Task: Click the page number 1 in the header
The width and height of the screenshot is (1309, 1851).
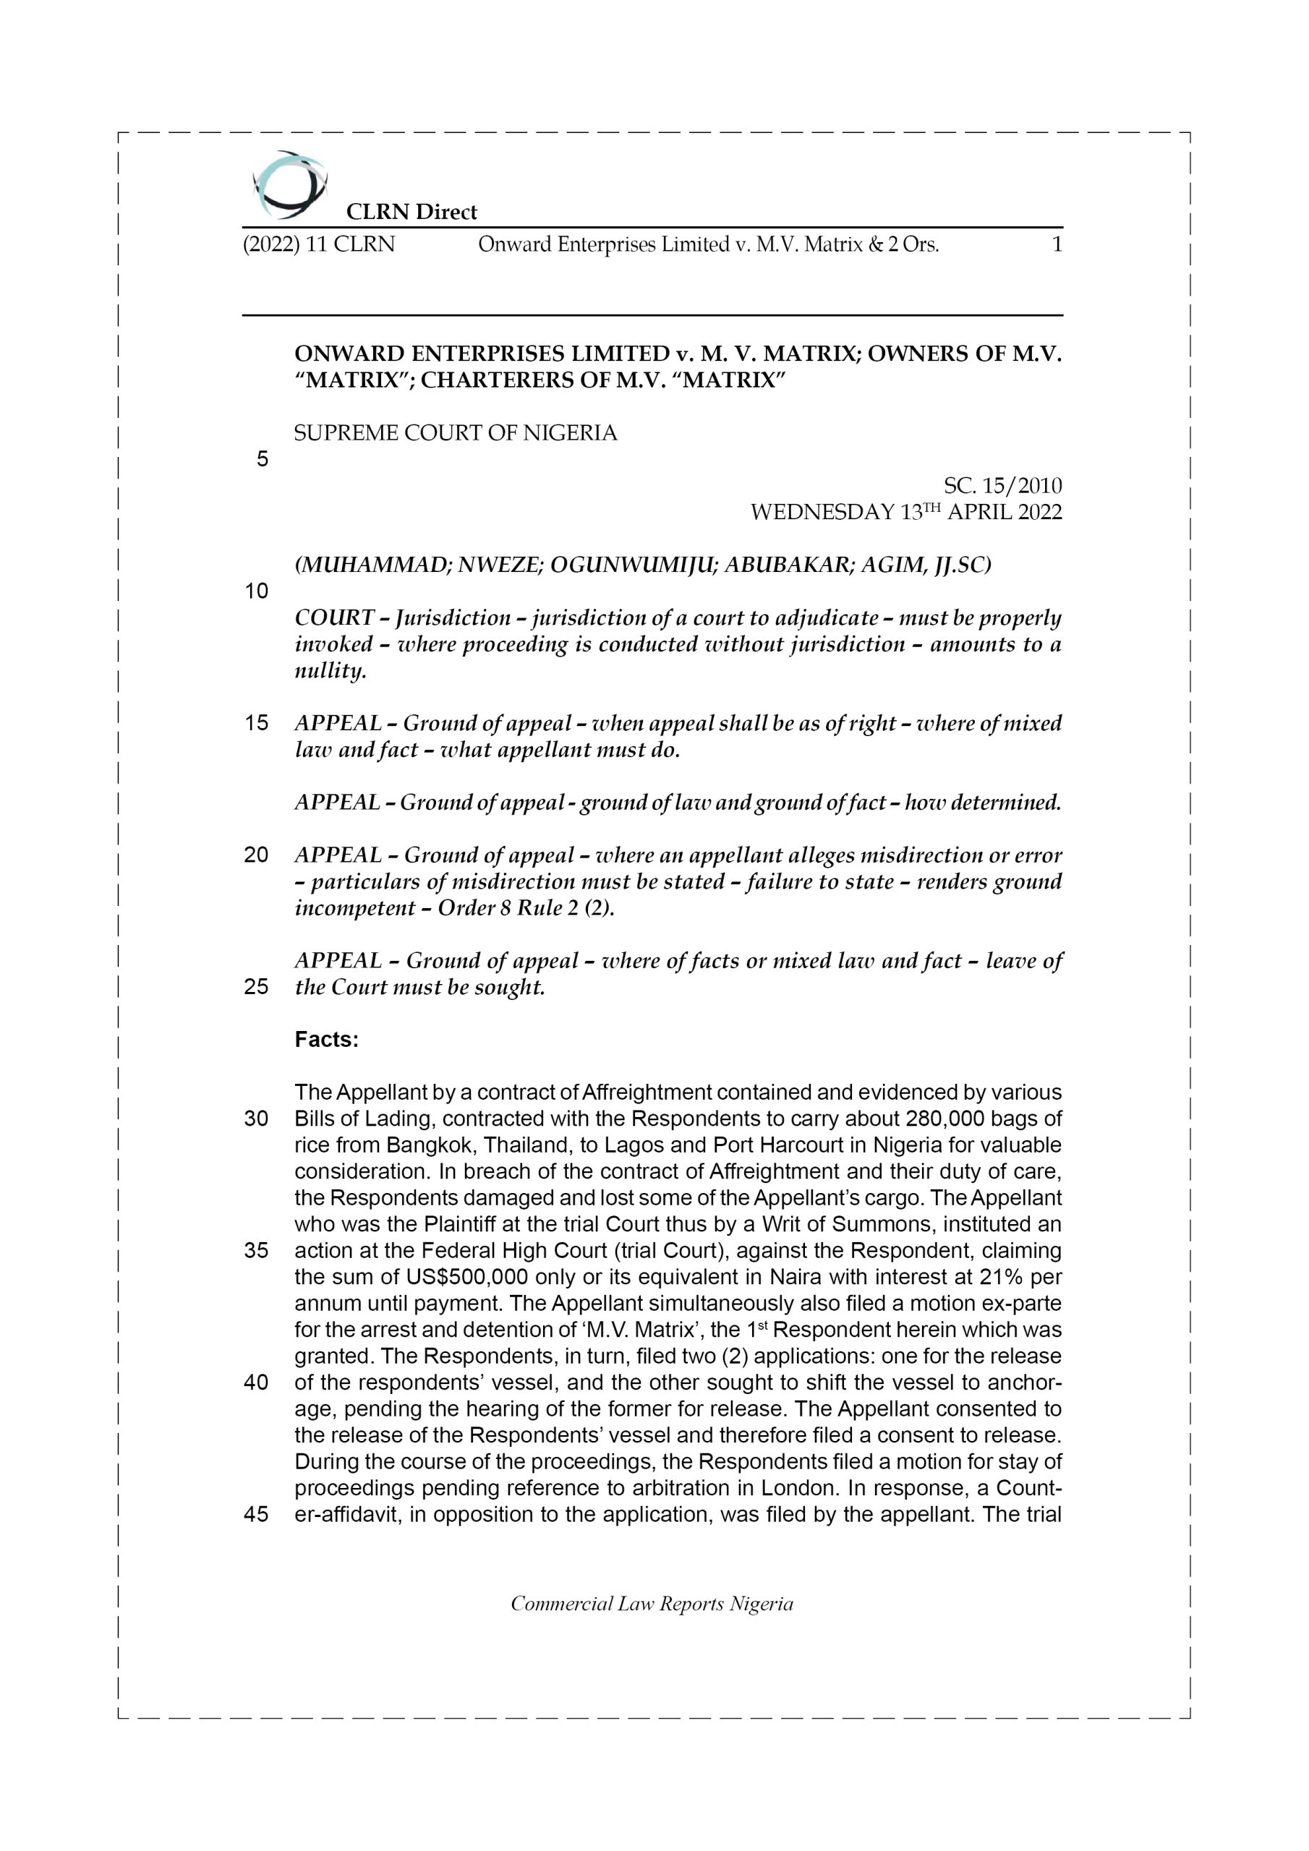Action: coord(1057,244)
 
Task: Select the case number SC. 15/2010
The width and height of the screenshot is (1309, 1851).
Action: coord(1002,485)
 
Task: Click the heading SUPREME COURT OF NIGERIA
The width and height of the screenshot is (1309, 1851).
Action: coord(456,433)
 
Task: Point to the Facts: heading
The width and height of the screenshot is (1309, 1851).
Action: coord(326,1040)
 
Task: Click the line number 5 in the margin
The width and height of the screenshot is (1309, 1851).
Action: coord(262,460)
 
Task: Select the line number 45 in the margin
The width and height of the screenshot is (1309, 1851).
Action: coord(257,1514)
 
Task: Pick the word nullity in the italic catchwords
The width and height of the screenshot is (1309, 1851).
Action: coord(330,671)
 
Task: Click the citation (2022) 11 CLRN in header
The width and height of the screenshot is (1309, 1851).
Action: coord(320,244)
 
